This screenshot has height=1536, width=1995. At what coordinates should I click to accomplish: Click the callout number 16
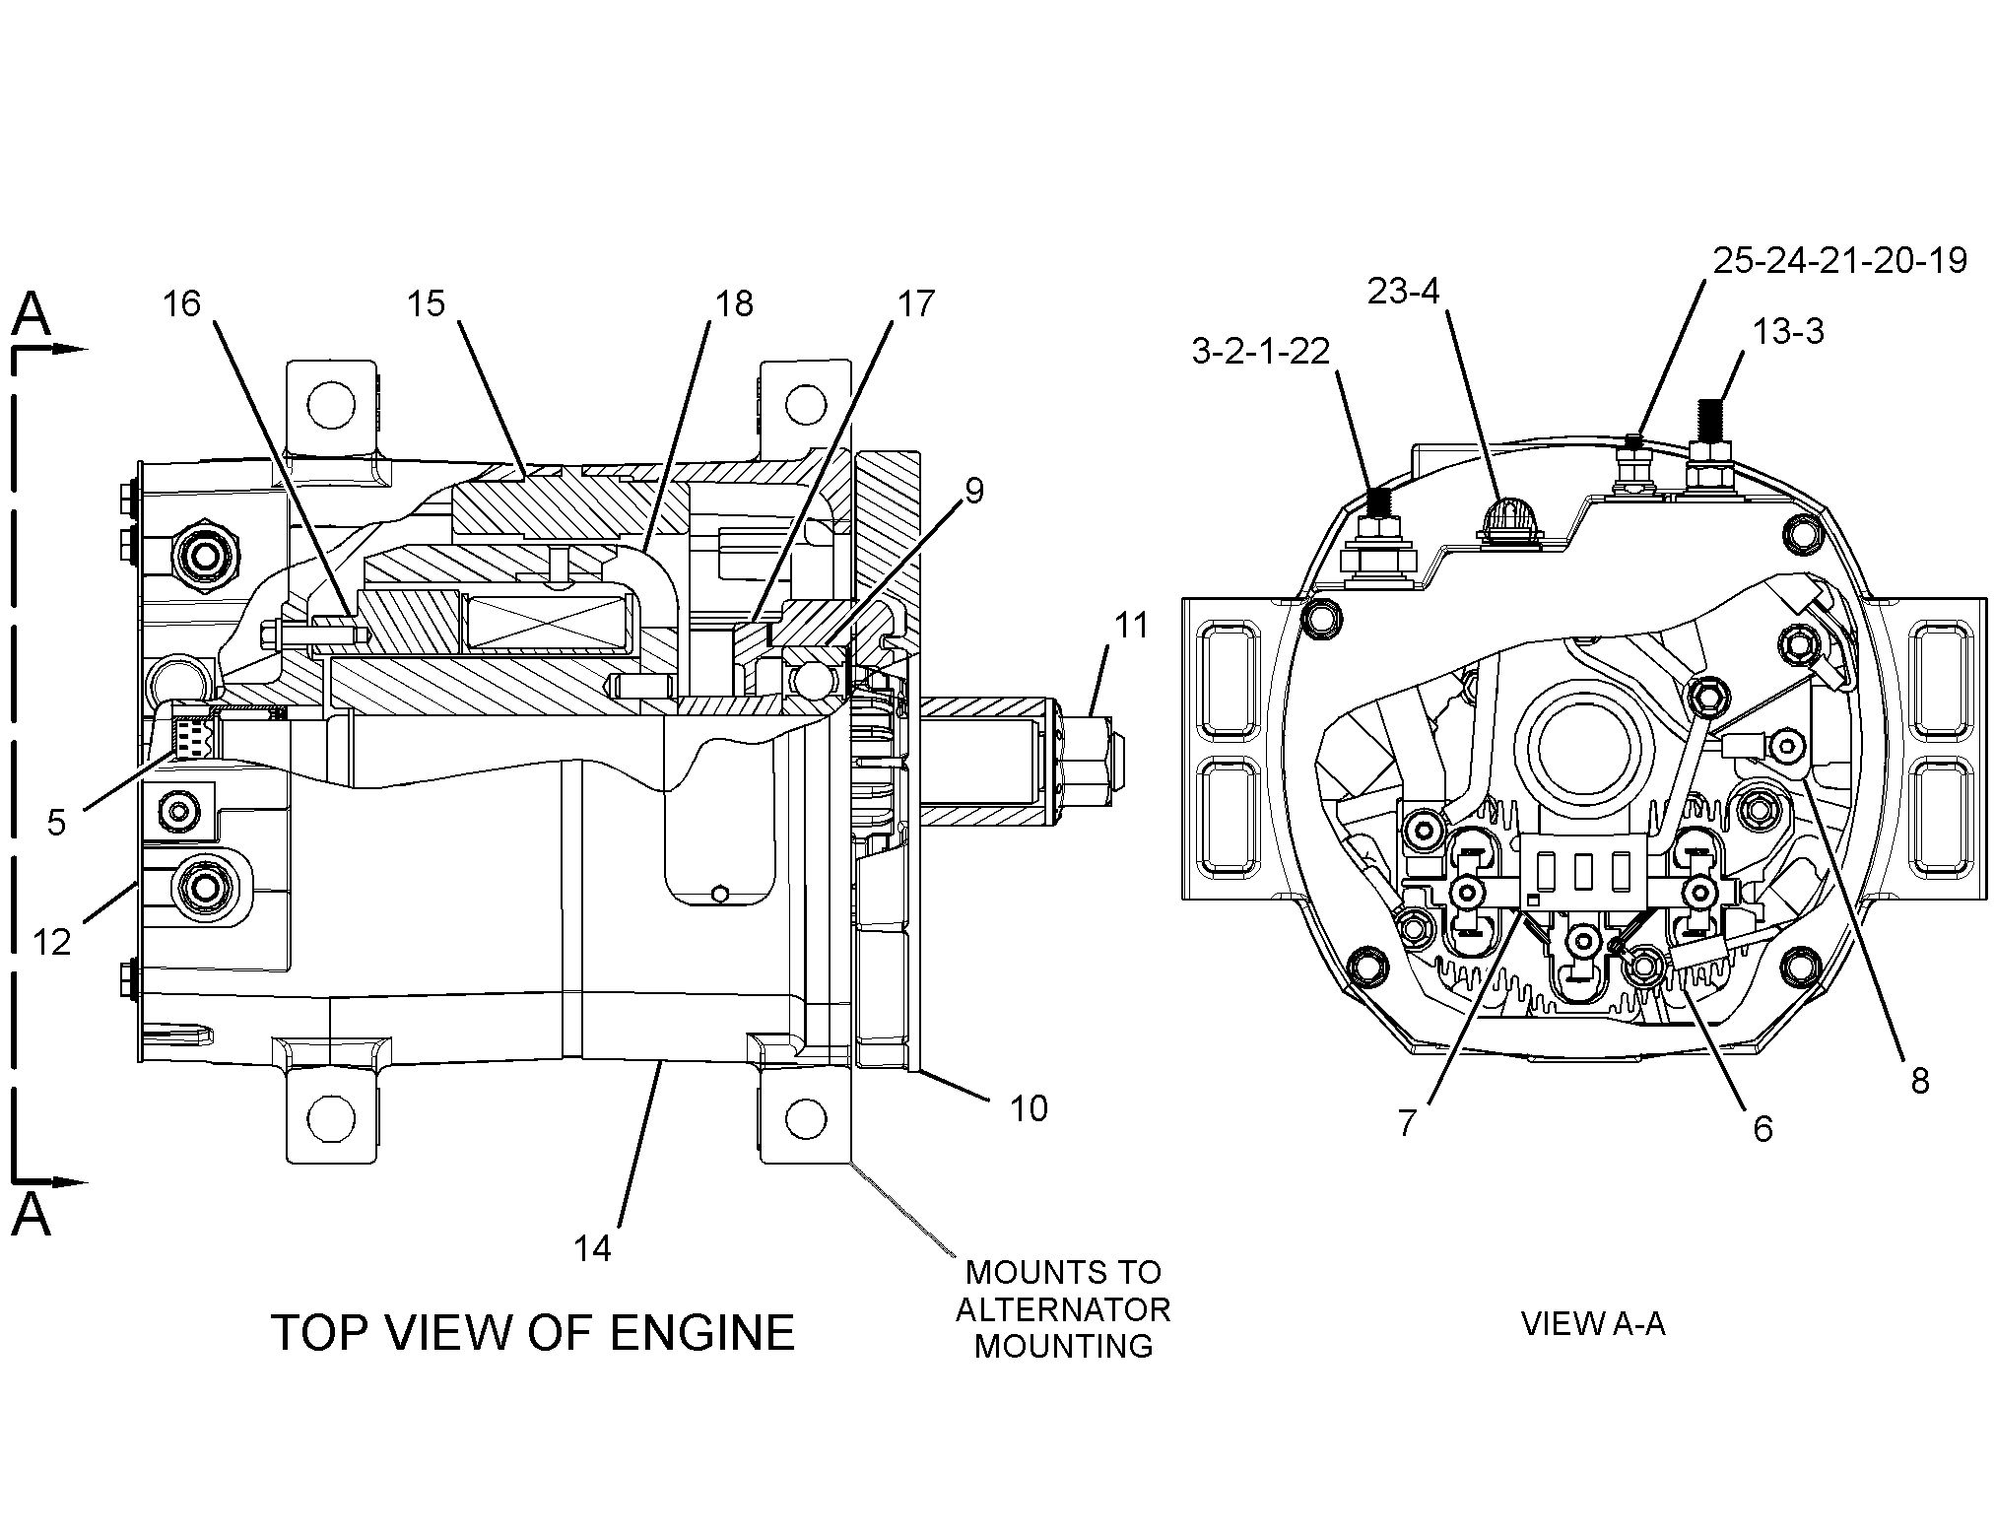coord(181,303)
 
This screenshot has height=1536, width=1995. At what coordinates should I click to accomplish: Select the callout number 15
coord(427,303)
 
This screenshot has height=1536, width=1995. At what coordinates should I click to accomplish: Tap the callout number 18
coord(733,303)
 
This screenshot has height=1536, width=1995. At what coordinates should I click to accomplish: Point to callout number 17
coord(915,303)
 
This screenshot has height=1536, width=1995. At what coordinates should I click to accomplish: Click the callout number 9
coord(973,491)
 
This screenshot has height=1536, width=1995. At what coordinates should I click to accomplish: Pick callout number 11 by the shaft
coord(1131,625)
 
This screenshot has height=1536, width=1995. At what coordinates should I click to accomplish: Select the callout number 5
coord(56,821)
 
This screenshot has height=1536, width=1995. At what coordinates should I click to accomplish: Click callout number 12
coord(52,943)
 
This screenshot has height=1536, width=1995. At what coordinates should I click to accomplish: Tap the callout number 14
coord(592,1248)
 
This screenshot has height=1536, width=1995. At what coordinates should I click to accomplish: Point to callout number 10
coord(1029,1108)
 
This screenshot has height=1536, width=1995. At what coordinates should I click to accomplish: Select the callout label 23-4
coord(1403,292)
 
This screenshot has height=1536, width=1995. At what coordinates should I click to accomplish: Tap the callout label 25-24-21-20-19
coord(1840,260)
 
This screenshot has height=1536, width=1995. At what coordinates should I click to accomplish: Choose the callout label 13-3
coord(1787,331)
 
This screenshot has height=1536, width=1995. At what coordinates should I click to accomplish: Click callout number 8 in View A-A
coord(1919,1081)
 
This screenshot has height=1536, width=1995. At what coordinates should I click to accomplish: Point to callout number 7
coord(1407,1122)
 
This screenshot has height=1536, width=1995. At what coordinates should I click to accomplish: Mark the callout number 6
coord(1762,1128)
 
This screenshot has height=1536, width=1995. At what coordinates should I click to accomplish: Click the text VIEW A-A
coord(1593,1323)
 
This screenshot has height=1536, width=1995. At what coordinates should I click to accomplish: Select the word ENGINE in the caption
coord(701,1333)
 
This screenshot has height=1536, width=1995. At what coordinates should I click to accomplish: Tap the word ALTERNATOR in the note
coord(1063,1309)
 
